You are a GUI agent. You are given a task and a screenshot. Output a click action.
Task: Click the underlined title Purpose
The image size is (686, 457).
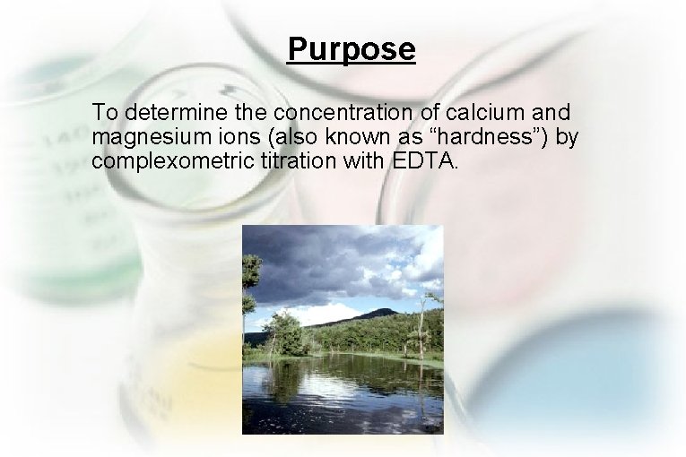click(x=351, y=48)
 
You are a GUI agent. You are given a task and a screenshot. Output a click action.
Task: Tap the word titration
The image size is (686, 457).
click(x=294, y=162)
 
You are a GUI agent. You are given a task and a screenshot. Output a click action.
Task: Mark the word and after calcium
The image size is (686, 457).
click(x=556, y=114)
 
